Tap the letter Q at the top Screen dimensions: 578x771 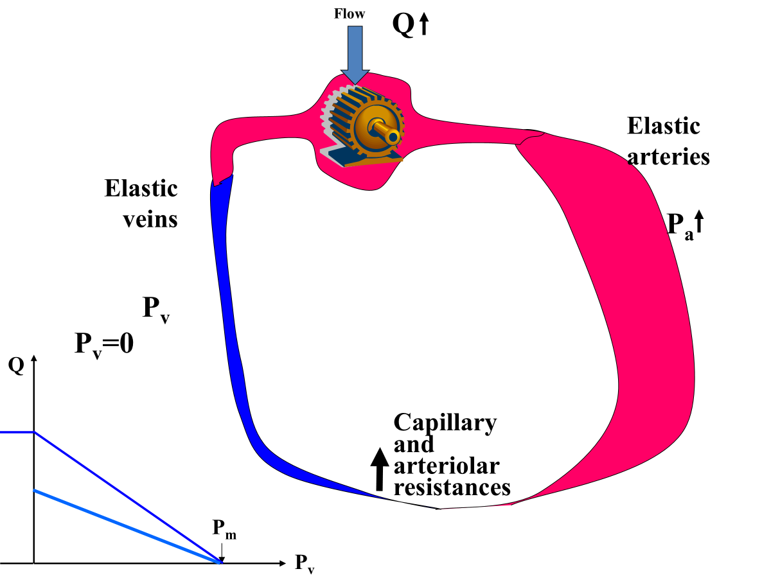[403, 26]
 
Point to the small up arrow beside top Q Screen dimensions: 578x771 [423, 25]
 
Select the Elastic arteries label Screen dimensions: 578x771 [668, 141]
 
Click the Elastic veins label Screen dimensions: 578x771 [141, 204]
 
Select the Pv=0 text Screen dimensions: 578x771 [104, 344]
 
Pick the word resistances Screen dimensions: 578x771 [452, 487]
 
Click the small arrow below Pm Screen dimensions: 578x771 [221, 552]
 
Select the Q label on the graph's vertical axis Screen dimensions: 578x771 [15, 365]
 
